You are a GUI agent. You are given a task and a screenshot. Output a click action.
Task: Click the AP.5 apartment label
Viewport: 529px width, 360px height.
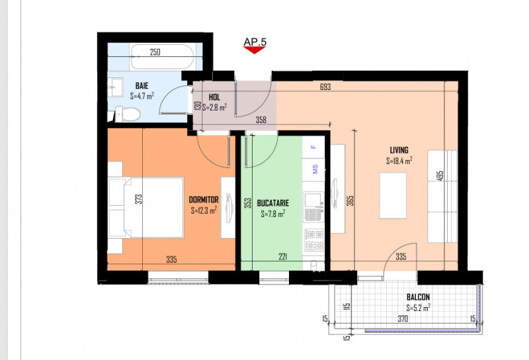(255, 42)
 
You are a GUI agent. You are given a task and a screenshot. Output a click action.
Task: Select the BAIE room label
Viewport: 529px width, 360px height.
(142, 85)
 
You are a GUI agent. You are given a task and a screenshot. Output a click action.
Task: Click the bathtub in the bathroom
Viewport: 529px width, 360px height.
(162, 56)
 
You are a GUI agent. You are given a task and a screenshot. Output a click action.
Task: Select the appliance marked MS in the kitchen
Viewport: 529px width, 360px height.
(314, 169)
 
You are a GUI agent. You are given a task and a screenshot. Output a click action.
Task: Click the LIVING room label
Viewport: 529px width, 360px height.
(399, 150)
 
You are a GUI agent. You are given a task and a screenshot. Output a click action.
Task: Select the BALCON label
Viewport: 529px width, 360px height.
(418, 297)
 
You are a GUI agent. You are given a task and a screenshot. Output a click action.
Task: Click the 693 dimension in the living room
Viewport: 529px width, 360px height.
(324, 87)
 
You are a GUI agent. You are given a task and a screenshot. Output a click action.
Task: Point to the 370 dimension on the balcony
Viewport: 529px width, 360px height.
(403, 320)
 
